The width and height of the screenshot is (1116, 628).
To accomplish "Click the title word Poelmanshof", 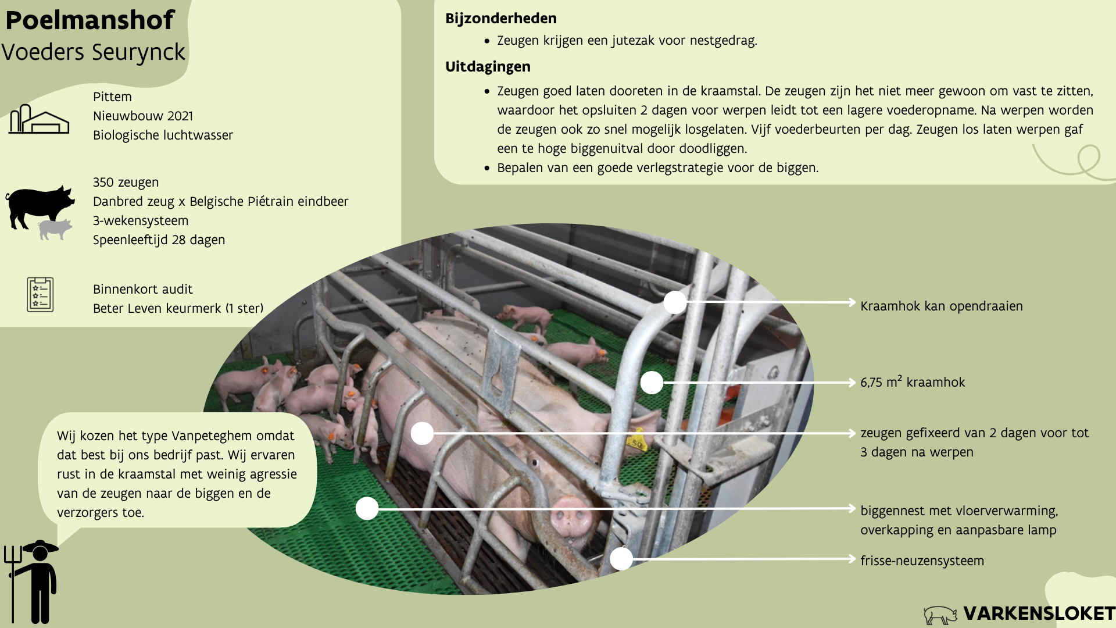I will point(90,20).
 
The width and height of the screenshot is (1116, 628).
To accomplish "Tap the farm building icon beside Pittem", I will point(38,119).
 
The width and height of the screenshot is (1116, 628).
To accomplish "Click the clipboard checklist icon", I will point(40,294).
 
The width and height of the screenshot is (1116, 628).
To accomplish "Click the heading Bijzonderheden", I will point(500,19).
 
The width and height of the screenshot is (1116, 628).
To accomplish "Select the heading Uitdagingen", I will point(487,67).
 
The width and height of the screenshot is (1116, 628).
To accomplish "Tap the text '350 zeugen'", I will point(126,182).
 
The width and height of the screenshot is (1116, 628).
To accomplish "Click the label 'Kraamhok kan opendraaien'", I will point(941,306).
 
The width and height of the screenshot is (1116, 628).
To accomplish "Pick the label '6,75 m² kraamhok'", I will point(912,382).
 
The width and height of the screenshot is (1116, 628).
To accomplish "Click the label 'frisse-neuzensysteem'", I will point(922,561).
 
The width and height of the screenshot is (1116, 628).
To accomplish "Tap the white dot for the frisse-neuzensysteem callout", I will point(621,559).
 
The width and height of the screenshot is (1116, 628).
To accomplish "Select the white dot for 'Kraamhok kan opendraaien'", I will point(675,302).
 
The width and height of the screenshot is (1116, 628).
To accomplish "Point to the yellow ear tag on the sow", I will point(637,443).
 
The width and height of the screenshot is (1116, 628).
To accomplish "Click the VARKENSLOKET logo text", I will point(1038,613).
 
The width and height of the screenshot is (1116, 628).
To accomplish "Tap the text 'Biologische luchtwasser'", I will point(163,135).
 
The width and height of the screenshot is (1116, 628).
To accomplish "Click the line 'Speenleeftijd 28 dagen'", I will point(159,240).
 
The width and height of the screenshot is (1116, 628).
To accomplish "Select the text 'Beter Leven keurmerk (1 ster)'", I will point(178,308).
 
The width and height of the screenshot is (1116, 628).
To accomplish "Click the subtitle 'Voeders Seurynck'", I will point(93,52).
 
